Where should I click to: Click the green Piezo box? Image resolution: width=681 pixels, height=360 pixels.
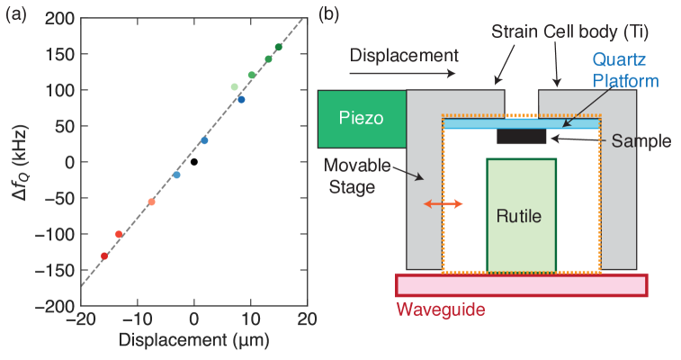pos(362,119)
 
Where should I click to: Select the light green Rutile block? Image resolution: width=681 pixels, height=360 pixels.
pos(521,215)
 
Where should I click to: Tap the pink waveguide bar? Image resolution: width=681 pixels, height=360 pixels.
pos(521,285)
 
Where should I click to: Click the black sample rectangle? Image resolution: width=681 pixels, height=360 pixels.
pos(521,138)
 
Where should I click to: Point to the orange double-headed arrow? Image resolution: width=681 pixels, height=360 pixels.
pos(444,205)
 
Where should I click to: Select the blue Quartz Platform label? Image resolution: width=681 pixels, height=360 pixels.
pos(624,69)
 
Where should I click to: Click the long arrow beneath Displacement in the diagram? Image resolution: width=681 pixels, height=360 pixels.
pos(404,75)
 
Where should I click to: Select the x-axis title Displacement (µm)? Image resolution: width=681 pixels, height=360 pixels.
pos(194,342)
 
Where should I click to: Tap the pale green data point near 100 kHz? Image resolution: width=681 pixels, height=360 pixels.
pos(235,87)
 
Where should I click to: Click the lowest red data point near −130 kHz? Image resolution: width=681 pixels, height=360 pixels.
pos(104,256)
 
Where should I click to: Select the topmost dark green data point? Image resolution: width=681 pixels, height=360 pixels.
pos(278,48)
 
